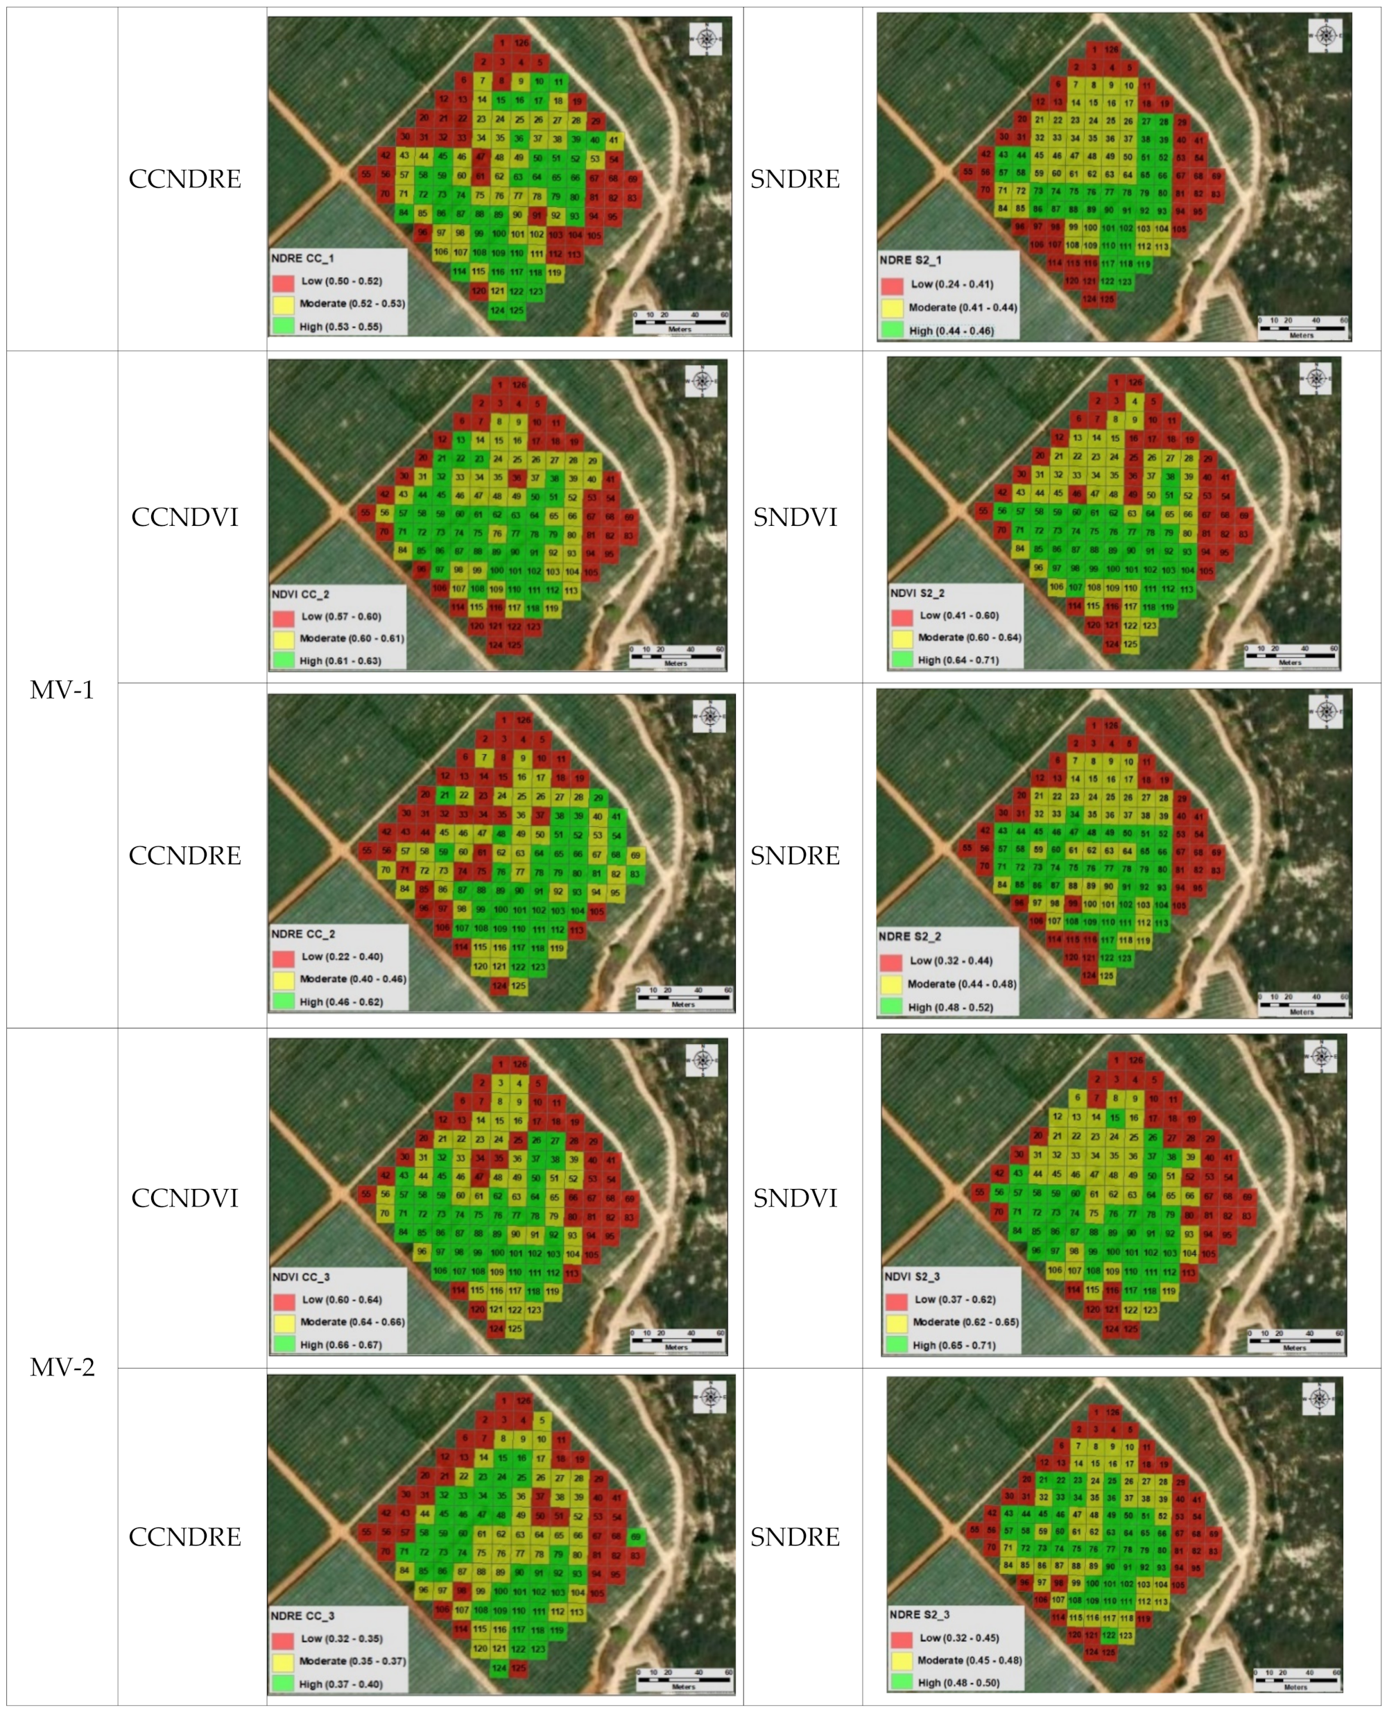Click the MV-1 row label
click(62, 689)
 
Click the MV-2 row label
click(62, 1367)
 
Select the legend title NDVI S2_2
click(918, 593)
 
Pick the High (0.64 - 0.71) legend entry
click(957, 660)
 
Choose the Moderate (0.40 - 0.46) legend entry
click(352, 978)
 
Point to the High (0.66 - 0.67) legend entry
click(341, 1344)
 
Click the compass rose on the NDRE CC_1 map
click(705, 38)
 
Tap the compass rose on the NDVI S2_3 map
click(1320, 1056)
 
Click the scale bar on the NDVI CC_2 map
click(676, 656)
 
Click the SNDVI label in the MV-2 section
click(795, 1197)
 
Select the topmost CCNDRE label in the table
click(184, 178)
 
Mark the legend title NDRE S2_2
click(909, 936)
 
